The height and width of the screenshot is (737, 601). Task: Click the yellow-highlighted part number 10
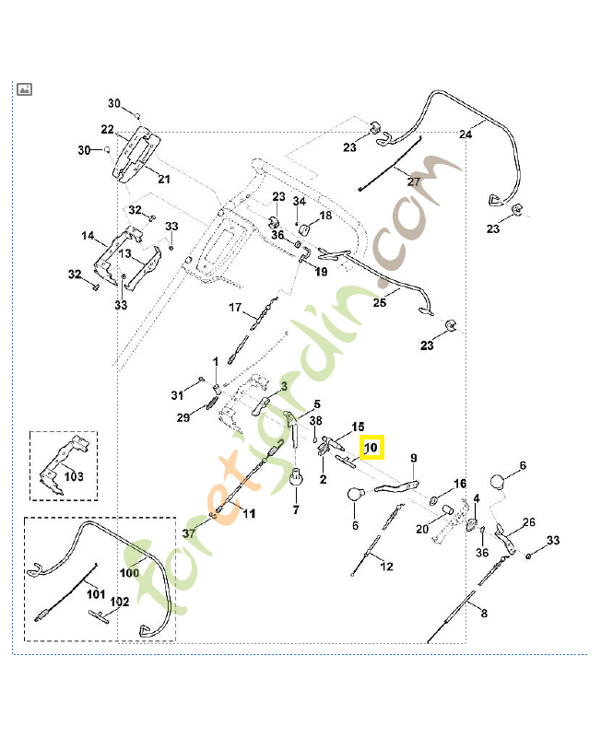click(371, 449)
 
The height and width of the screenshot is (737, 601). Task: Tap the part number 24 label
click(465, 135)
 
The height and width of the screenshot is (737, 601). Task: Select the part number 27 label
click(414, 181)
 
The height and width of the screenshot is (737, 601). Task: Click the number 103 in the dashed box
click(74, 477)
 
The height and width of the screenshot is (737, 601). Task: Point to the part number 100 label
click(129, 572)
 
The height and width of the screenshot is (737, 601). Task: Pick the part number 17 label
click(235, 308)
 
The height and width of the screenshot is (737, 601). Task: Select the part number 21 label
click(164, 179)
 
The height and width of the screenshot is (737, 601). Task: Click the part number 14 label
click(88, 236)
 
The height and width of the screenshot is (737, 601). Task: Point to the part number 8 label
click(485, 613)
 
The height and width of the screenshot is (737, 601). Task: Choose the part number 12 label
click(386, 567)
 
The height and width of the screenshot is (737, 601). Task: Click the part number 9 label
click(414, 458)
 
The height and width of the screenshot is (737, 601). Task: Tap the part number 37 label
click(189, 534)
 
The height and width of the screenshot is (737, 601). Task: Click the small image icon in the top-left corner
click(25, 88)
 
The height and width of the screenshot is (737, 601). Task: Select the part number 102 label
click(120, 602)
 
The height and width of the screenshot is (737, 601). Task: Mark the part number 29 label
click(183, 417)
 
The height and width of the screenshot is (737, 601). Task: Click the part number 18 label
click(324, 216)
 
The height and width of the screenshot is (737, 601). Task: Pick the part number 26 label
click(529, 523)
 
